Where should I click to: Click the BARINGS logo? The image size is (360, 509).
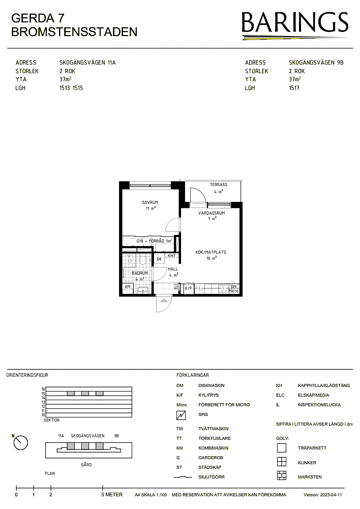click(x=295, y=25)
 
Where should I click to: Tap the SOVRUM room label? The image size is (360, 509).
click(x=150, y=202)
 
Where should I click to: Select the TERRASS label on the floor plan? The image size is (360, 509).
click(x=219, y=185)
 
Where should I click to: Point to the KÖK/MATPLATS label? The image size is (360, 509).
click(x=211, y=252)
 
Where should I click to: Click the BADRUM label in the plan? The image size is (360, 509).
click(x=140, y=274)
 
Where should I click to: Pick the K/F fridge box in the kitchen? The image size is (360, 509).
click(x=188, y=288)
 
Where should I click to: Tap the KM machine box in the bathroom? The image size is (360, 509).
click(x=128, y=287)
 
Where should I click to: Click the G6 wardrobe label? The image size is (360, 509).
click(x=159, y=259)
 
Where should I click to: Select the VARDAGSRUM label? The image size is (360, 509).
click(x=212, y=213)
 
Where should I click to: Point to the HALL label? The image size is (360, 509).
click(x=173, y=269)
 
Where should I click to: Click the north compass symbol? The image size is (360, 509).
click(x=20, y=442)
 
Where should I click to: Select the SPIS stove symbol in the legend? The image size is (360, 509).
click(x=181, y=415)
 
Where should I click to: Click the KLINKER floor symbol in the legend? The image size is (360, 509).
click(x=282, y=462)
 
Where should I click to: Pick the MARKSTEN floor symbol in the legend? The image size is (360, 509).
click(x=282, y=475)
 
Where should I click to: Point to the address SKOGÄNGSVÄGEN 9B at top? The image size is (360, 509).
click(x=316, y=63)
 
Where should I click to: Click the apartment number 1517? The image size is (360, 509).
click(x=294, y=88)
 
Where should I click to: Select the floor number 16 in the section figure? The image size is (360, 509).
click(x=43, y=389)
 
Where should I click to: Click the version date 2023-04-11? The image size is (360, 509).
click(x=331, y=495)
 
